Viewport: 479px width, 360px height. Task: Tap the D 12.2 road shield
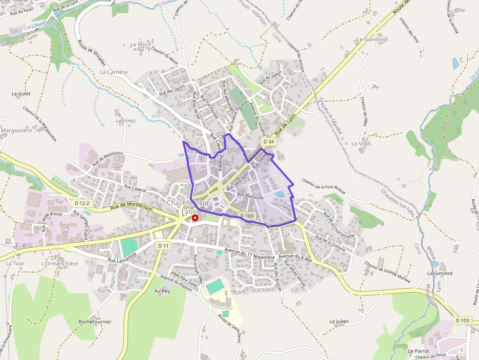83,203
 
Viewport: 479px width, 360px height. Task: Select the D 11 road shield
163,245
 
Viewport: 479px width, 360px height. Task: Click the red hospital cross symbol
195,217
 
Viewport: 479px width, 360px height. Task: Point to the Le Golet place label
21,93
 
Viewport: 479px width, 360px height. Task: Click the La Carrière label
113,72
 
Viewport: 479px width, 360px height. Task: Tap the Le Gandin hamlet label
370,39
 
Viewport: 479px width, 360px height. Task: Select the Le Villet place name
361,144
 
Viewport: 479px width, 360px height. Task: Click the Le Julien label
339,321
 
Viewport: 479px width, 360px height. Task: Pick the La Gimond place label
439,273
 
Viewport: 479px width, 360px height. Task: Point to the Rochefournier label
95,322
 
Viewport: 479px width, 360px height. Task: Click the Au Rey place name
162,291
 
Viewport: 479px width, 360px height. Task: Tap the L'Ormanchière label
60,264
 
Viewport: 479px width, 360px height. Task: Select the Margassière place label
17,130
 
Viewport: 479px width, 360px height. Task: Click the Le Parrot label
418,351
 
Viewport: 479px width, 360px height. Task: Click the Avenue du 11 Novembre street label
250,254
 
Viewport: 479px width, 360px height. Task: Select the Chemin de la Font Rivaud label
323,187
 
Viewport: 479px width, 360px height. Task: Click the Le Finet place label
126,120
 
